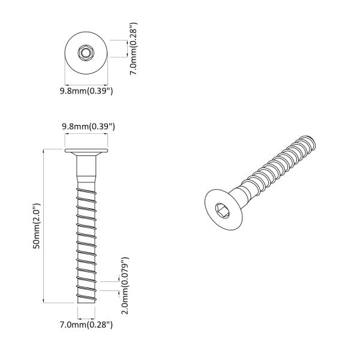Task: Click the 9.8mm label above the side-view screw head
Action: (88, 127)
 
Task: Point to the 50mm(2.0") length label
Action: (37, 226)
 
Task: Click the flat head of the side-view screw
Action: (86, 151)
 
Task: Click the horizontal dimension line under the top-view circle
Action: (86, 83)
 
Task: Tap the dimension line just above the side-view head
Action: (86, 136)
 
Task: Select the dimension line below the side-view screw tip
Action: (86, 314)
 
